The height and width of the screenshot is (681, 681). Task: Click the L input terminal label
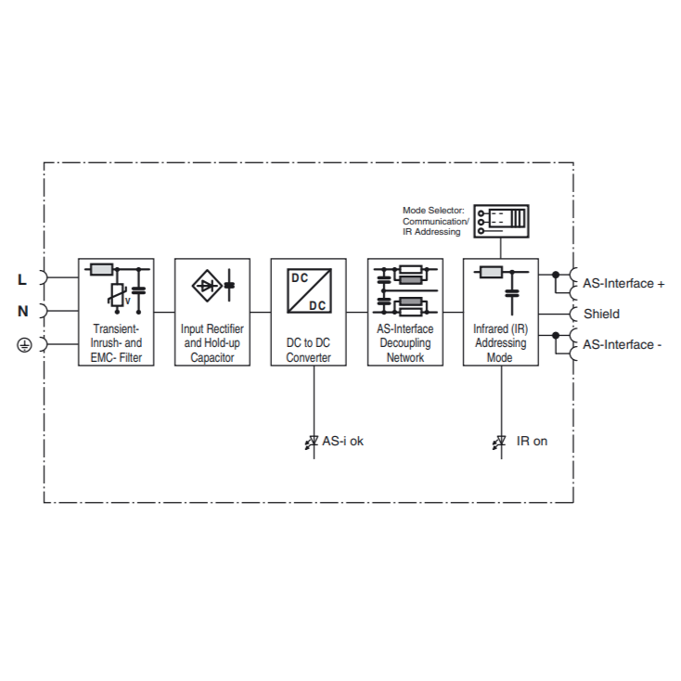pyautogui.click(x=23, y=278)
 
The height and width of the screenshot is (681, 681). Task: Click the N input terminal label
pyautogui.click(x=23, y=312)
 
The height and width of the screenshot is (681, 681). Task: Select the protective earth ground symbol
pyautogui.click(x=24, y=345)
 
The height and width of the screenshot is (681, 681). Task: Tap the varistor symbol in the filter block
pyautogui.click(x=116, y=296)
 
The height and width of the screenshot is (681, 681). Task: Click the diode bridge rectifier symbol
pyautogui.click(x=207, y=286)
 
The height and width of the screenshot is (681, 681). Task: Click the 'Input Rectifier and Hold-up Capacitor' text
pyautogui.click(x=212, y=343)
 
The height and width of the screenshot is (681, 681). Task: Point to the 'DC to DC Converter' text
pyautogui.click(x=308, y=350)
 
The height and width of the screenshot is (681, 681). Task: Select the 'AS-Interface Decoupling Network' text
pyautogui.click(x=405, y=343)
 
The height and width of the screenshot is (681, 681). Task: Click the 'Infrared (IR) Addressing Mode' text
pyautogui.click(x=500, y=343)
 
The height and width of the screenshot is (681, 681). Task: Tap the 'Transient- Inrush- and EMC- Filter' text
pyautogui.click(x=116, y=343)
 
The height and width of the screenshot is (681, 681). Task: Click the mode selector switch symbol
pyautogui.click(x=500, y=220)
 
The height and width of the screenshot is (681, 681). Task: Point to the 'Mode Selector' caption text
pyautogui.click(x=435, y=221)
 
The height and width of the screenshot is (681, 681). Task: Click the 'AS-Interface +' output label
pyautogui.click(x=623, y=284)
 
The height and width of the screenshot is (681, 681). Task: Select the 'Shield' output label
pyautogui.click(x=601, y=314)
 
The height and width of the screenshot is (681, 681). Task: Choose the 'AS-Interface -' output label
pyautogui.click(x=622, y=345)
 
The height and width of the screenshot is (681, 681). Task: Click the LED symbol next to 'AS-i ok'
pyautogui.click(x=312, y=443)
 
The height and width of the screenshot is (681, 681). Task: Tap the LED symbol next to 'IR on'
pyautogui.click(x=499, y=443)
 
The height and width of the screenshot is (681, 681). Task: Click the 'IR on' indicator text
pyautogui.click(x=532, y=442)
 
